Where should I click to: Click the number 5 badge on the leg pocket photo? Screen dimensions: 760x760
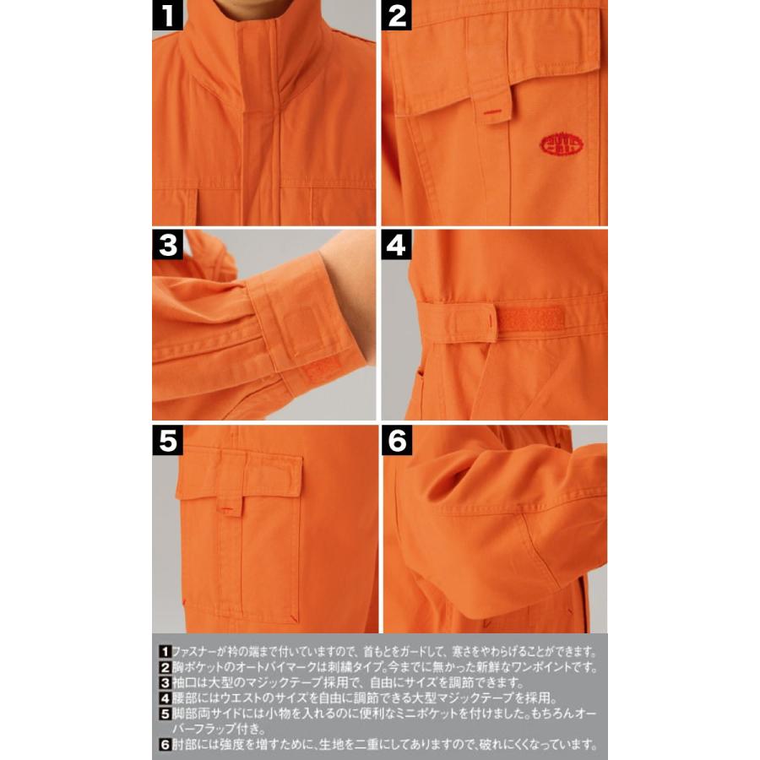(x=168, y=440)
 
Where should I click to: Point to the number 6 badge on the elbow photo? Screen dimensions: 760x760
(x=396, y=440)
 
